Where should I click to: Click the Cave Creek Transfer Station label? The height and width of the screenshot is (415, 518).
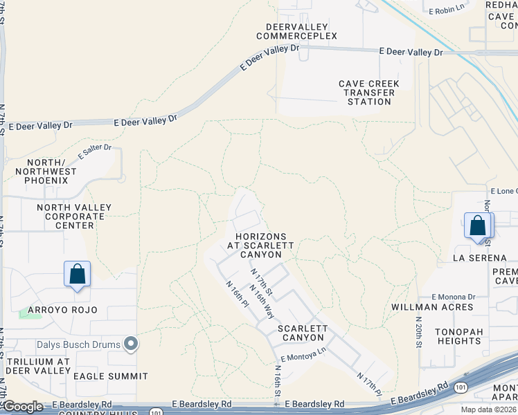[x=369, y=93]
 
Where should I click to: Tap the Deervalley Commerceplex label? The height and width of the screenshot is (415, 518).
[x=296, y=31]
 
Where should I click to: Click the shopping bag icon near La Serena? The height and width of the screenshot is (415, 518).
[x=478, y=226]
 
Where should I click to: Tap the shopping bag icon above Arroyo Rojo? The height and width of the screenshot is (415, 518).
[x=78, y=274]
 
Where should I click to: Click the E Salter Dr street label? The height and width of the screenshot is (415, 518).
[x=95, y=151]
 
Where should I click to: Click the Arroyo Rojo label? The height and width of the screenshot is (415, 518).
[x=62, y=309]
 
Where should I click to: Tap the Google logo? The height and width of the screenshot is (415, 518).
[x=23, y=407]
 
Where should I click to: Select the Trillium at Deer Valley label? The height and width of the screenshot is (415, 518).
[x=38, y=366]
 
